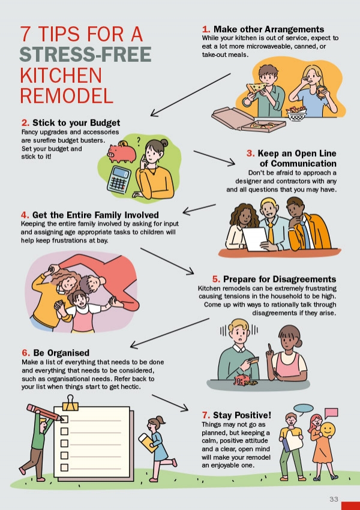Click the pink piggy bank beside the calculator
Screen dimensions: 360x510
tap(122, 152)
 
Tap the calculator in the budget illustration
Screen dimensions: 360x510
tap(119, 180)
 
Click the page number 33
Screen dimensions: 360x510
tap(334, 499)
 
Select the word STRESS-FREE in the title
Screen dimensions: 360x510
tap(86, 55)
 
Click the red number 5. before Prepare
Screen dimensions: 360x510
tap(216, 279)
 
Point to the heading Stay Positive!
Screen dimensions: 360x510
tap(242, 415)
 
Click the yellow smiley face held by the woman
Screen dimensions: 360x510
tap(328, 430)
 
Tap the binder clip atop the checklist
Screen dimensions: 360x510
tap(70, 403)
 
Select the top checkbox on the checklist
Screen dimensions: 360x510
tap(64, 419)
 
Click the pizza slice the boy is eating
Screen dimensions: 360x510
tap(256, 88)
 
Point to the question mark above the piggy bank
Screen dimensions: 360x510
tap(139, 141)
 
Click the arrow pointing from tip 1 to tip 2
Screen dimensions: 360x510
tap(191, 95)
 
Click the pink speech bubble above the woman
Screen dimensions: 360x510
tap(331, 413)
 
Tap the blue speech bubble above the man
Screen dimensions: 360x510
tap(304, 409)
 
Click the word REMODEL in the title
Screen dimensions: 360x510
tap(67, 95)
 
